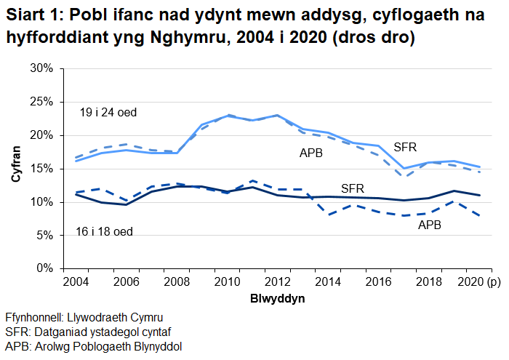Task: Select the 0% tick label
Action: coord(46,269)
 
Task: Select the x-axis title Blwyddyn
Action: coord(277,299)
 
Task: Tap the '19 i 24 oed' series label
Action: coord(108,113)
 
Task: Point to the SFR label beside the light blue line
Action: coord(405,147)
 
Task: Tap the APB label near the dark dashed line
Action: coord(430,225)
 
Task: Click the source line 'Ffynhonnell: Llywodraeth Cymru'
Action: coord(84,318)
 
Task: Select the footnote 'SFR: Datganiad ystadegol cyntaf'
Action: coord(84,332)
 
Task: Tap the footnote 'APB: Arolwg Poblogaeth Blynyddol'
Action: coord(93,346)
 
